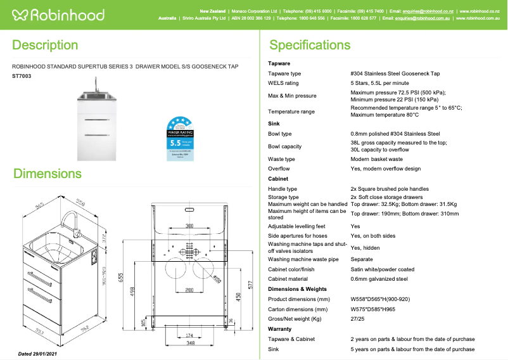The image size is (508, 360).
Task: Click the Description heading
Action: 45,45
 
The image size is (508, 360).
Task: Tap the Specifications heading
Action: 310,45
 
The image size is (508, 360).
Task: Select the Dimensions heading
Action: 48,174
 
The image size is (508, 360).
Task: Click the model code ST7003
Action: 22,76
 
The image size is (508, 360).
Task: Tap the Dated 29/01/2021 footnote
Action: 37,353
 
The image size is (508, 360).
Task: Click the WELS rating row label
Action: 283,83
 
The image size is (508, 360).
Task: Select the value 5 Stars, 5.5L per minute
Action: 379,83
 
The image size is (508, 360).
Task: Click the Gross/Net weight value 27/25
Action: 357,319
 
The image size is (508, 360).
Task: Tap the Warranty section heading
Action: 280,329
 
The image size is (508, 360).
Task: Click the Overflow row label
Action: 279,169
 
